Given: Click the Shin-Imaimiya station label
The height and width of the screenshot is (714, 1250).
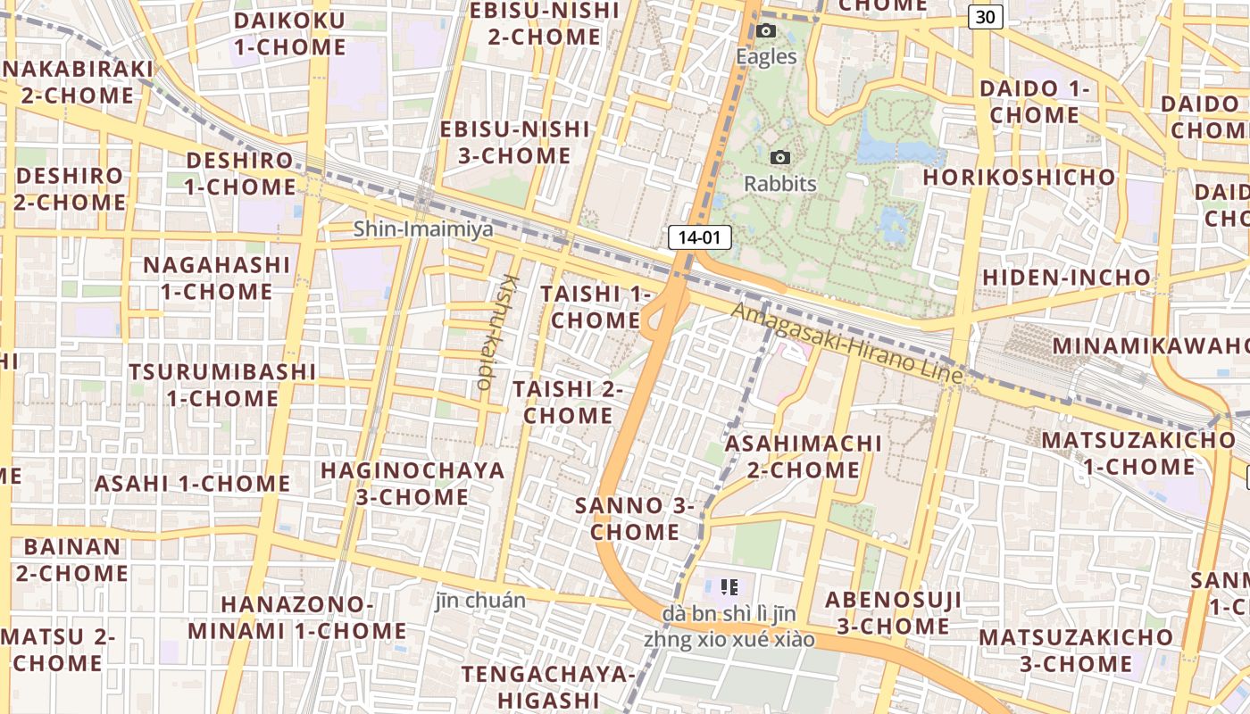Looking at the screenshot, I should (423, 229).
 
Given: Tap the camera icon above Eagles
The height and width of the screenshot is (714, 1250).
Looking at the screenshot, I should (765, 31).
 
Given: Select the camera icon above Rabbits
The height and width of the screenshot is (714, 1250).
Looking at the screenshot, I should (779, 158).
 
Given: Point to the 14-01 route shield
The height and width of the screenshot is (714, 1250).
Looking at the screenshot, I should (700, 237).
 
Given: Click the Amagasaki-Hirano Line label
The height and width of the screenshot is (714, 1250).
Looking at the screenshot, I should (847, 343).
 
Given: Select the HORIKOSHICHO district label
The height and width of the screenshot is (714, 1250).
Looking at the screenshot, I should (1019, 177).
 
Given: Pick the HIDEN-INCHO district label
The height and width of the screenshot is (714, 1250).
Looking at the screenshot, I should (1067, 278).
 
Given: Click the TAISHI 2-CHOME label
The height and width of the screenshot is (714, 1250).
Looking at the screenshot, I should (568, 403).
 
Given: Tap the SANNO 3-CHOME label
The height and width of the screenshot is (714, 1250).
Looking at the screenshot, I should (635, 519).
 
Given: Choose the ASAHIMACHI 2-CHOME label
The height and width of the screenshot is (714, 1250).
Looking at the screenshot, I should (804, 456).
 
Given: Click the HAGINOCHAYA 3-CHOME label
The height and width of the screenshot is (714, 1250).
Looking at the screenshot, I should (412, 483).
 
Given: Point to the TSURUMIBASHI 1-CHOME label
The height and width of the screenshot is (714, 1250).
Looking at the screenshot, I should (221, 385).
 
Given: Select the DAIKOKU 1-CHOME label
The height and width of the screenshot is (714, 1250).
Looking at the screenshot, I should (288, 34).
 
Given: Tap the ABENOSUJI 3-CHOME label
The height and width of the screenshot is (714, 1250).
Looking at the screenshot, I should (893, 612).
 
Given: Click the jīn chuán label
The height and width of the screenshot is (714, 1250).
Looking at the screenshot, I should (480, 600).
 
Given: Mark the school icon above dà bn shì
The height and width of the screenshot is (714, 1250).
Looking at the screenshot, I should (729, 587).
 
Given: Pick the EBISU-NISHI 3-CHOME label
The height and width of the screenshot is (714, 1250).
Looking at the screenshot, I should (514, 142).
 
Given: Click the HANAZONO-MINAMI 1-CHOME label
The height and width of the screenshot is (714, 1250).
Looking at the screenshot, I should (296, 618).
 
